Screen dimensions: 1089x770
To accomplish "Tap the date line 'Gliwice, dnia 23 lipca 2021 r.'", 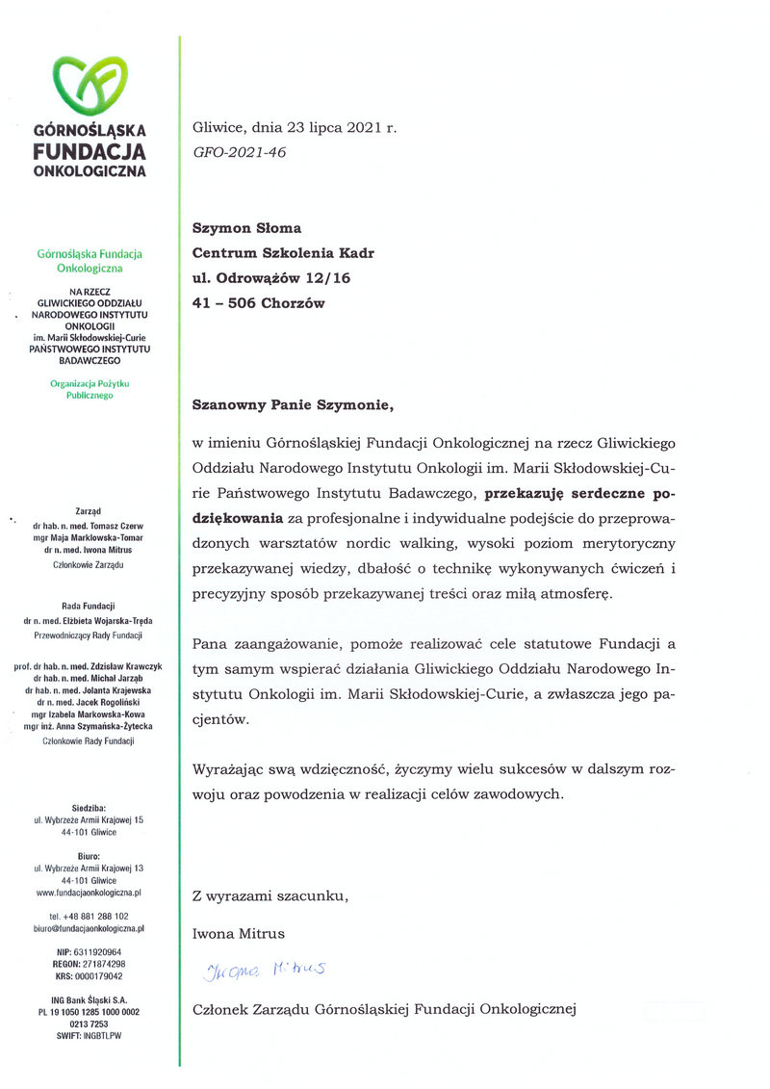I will (294, 127).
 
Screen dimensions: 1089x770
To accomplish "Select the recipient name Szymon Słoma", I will (247, 228).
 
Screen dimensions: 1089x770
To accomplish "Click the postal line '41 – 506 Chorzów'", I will (259, 303).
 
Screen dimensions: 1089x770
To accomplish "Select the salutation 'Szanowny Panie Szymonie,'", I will (294, 404).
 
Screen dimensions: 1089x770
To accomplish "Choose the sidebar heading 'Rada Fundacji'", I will (89, 606).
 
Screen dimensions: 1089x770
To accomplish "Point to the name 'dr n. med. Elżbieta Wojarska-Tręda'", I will (89, 622).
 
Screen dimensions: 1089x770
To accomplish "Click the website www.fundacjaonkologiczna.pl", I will (89, 894).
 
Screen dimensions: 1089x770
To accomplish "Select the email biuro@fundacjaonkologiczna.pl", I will (89, 929).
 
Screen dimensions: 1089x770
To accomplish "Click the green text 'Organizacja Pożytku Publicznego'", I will (89, 389).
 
